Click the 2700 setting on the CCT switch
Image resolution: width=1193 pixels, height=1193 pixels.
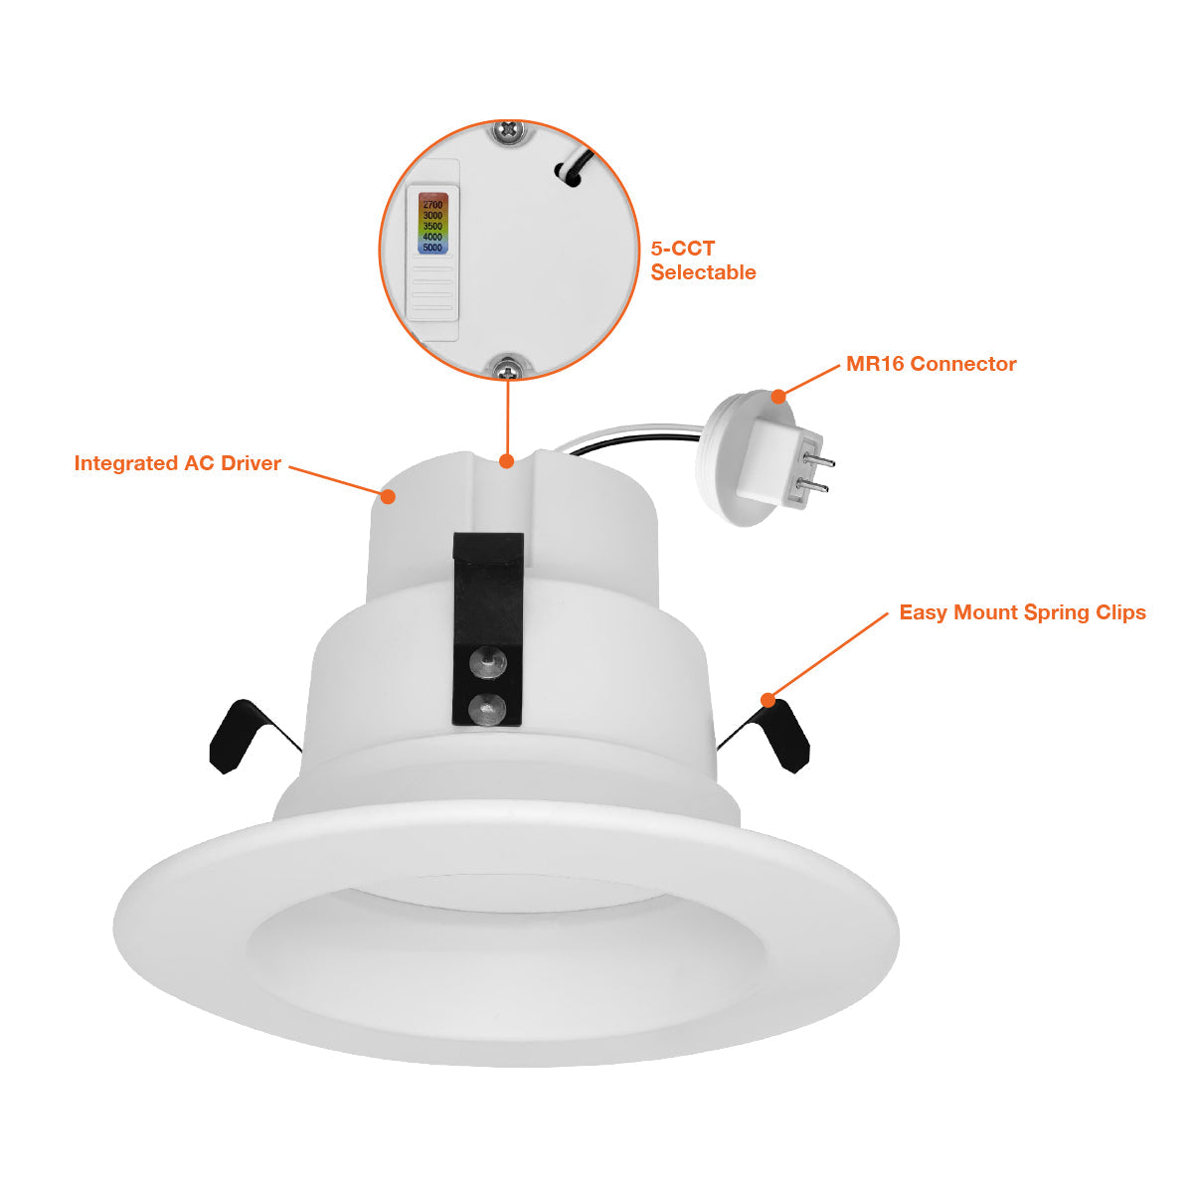pos(432,205)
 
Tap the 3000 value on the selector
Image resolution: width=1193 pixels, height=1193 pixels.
pos(432,216)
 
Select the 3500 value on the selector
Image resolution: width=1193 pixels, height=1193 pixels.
pos(432,226)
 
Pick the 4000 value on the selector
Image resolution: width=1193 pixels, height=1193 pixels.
pos(432,237)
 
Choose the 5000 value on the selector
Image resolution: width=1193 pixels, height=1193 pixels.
pos(432,248)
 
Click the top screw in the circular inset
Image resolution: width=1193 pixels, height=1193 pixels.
pos(509,130)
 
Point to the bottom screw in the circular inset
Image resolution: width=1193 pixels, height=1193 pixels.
pos(509,370)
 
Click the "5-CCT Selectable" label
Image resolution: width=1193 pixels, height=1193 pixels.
pos(703,260)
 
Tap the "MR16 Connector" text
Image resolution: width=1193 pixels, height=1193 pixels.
pos(932,364)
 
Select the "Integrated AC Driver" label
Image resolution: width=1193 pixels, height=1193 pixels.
pos(178,463)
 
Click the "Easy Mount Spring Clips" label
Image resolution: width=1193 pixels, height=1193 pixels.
pos(1023,612)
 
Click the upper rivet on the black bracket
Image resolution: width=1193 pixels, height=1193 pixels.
pos(488,662)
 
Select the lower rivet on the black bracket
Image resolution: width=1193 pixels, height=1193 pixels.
pos(488,709)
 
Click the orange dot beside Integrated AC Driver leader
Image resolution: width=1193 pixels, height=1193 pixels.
pos(388,496)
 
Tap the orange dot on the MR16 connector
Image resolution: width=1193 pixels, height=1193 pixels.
pos(778,397)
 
